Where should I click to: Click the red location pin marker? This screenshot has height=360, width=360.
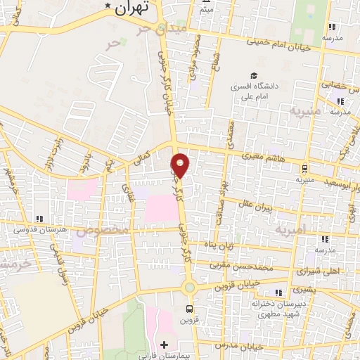181,165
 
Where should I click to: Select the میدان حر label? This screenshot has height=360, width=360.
154,30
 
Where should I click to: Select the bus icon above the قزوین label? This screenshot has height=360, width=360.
188,308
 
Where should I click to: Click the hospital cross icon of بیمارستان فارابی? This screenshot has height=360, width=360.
165,345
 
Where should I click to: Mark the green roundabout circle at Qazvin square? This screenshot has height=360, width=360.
188,287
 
